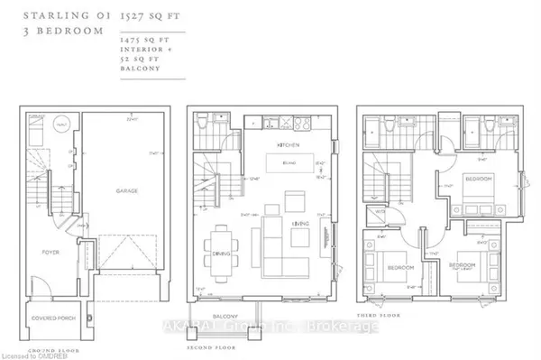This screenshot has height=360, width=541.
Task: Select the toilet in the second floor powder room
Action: point(200,120)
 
